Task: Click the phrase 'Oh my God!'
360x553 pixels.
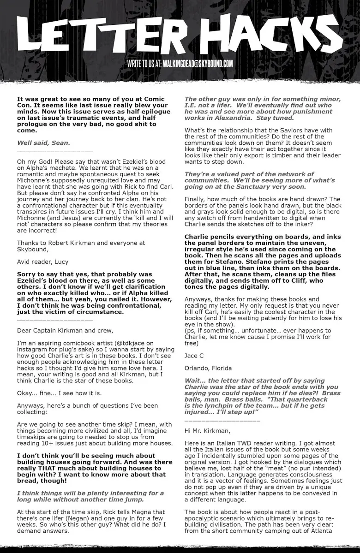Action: pyautogui.click(x=36, y=161)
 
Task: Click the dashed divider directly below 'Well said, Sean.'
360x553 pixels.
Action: pyautogui.click(x=54, y=151)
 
